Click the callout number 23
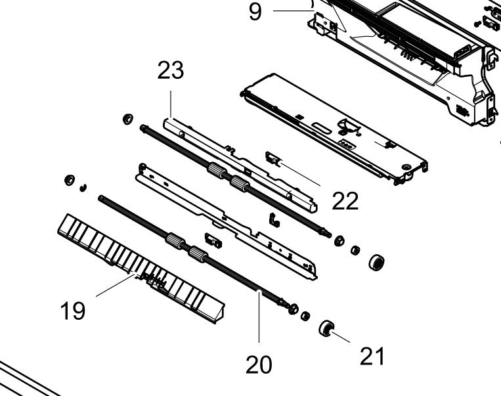tap(171, 70)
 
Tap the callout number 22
tap(345, 201)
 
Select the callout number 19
tap(73, 311)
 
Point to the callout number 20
tap(259, 364)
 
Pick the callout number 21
tap(372, 356)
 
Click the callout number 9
tap(255, 12)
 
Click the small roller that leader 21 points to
tap(326, 328)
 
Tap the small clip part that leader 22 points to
tap(273, 159)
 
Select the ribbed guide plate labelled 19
tap(141, 269)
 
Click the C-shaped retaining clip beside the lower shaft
tap(83, 188)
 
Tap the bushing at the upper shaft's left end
tap(128, 119)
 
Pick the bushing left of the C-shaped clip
tap(70, 180)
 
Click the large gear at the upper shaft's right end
tap(376, 263)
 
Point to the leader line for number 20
tap(259, 317)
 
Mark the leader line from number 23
tap(171, 104)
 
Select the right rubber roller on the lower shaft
tap(198, 254)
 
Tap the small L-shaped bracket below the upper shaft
tap(274, 219)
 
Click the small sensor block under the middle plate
tap(213, 240)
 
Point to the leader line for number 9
tap(294, 11)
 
